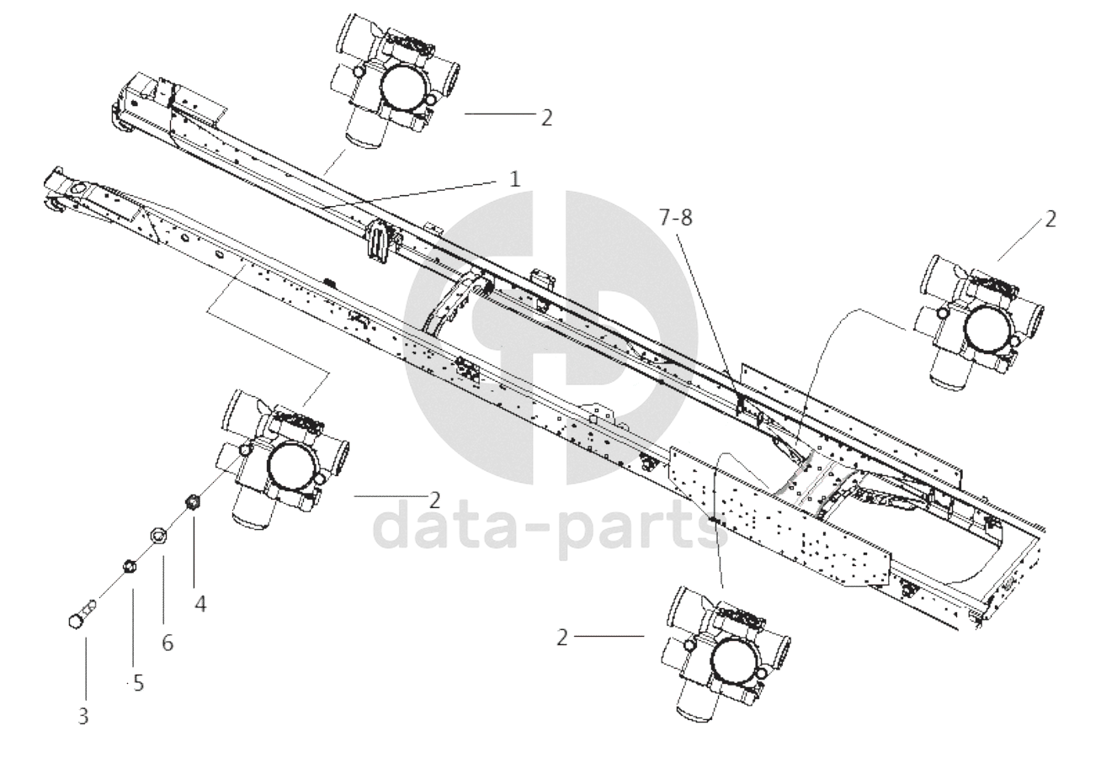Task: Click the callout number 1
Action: (x=514, y=180)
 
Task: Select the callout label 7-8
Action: (x=676, y=217)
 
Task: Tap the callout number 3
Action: (x=83, y=717)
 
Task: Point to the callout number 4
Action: (x=199, y=604)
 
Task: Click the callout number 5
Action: (x=139, y=683)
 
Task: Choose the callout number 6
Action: (x=168, y=643)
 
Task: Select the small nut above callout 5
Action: (x=130, y=566)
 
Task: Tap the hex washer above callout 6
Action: (x=157, y=534)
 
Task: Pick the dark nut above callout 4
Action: (x=191, y=503)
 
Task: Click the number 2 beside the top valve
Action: (x=546, y=118)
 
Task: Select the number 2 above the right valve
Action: (x=1050, y=219)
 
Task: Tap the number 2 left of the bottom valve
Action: (x=562, y=638)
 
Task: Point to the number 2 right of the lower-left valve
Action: (x=434, y=500)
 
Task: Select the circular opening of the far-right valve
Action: (x=989, y=327)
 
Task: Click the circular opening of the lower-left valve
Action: (x=293, y=464)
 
